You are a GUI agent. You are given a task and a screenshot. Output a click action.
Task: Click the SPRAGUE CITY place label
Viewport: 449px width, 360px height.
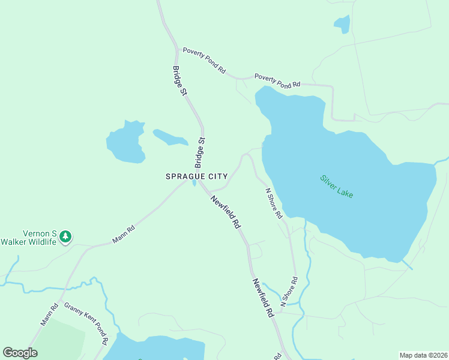tap(197, 176)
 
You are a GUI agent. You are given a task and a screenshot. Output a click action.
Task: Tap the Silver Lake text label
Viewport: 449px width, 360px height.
tap(337, 187)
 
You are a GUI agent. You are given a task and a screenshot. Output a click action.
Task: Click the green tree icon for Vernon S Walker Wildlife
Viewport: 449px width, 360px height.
tap(65, 237)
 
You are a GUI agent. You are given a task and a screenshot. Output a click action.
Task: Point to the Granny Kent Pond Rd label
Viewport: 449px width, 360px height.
tap(86, 324)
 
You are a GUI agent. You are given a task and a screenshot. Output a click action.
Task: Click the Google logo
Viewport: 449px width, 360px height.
tap(20, 353)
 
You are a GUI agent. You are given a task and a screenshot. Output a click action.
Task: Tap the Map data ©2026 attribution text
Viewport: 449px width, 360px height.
tap(423, 355)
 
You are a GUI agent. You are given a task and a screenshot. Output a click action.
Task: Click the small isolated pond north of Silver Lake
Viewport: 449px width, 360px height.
tap(342, 25)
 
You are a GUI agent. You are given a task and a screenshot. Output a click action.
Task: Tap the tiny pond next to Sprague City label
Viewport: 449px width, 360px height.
tap(194, 183)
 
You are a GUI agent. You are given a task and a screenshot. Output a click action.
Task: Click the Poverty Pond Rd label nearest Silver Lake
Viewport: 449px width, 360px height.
tap(277, 81)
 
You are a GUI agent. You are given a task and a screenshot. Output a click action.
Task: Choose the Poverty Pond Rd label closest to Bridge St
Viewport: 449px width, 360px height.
tap(204, 61)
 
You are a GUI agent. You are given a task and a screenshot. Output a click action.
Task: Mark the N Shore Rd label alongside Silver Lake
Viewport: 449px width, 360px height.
tap(274, 204)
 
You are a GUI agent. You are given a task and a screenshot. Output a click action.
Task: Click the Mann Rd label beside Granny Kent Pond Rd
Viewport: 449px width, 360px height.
tap(49, 315)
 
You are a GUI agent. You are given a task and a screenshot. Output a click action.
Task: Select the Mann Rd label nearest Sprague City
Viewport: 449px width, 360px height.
tap(124, 235)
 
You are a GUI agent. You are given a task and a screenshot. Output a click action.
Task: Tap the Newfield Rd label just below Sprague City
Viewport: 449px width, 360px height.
tap(225, 212)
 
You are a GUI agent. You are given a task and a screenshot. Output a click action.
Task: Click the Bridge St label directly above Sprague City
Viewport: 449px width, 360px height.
tap(200, 154)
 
